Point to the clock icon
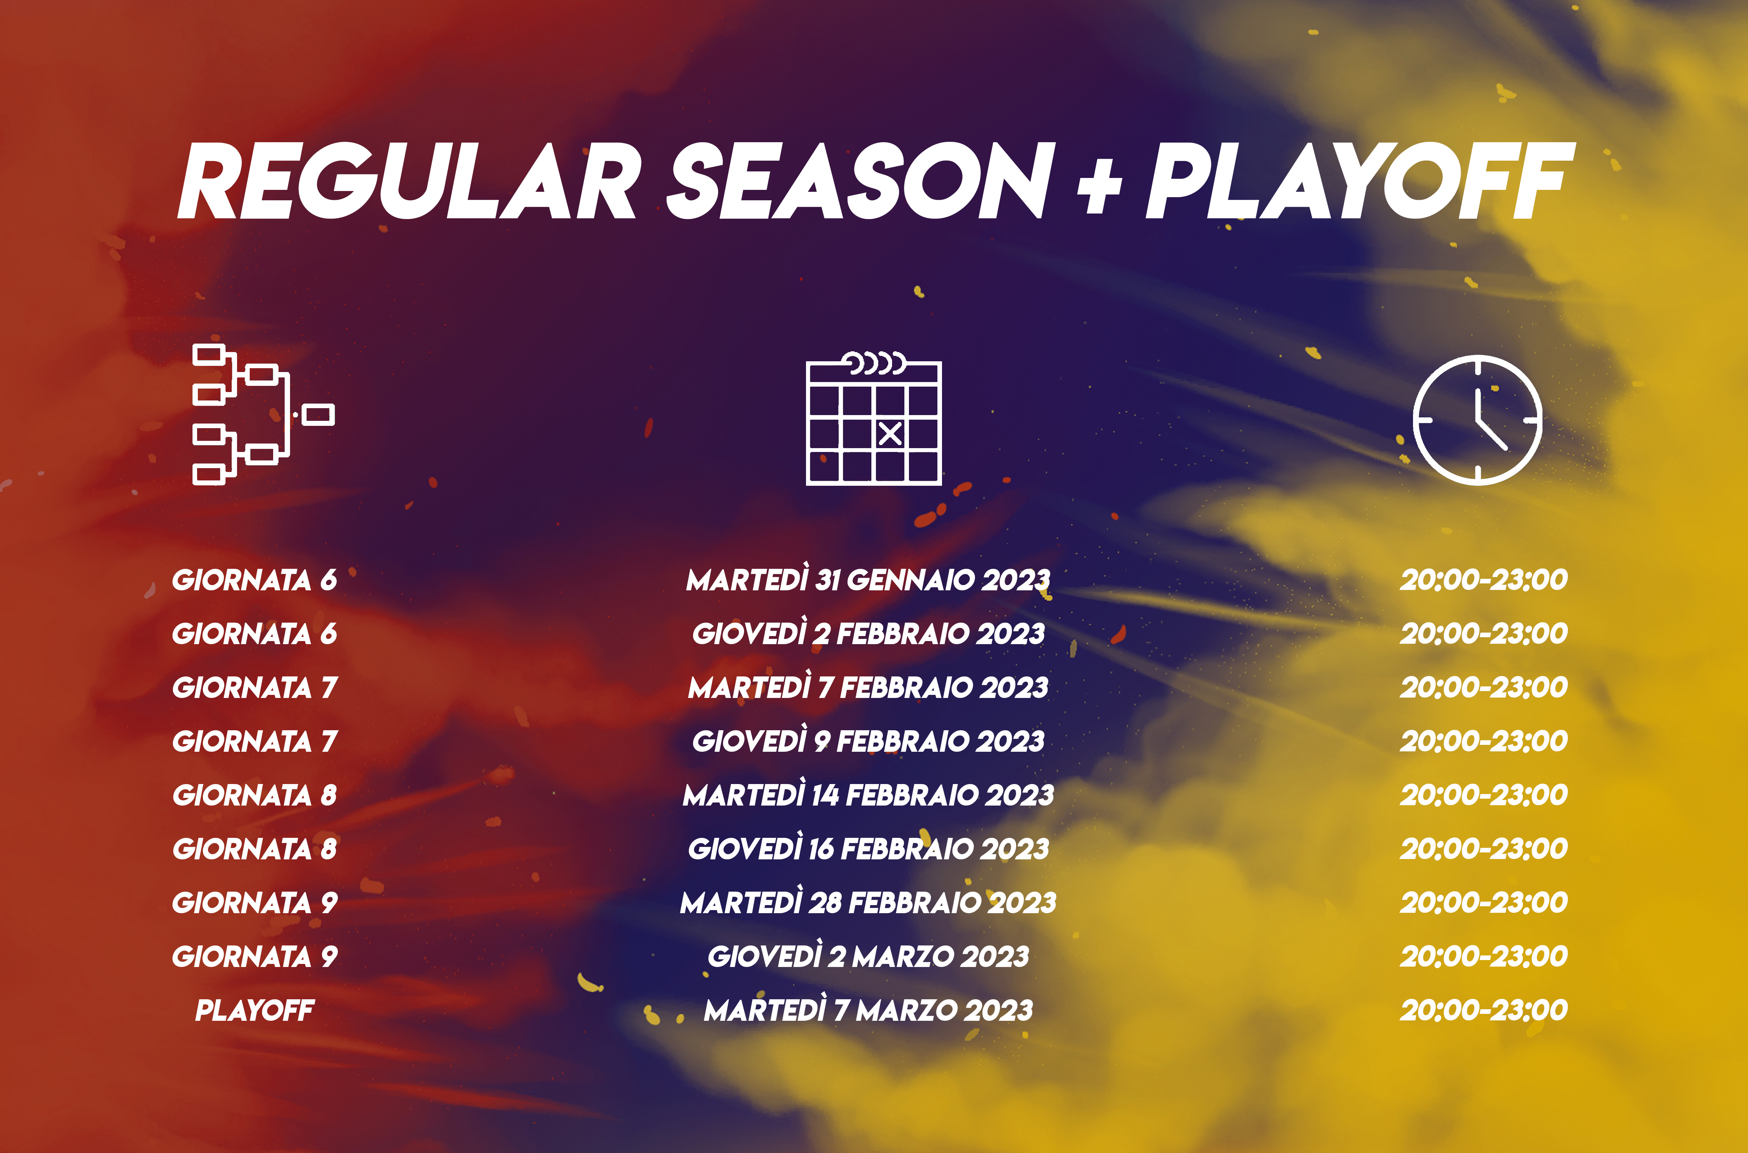pyautogui.click(x=1478, y=420)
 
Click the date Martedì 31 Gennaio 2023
pyautogui.click(x=868, y=580)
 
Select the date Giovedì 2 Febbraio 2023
pyautogui.click(x=868, y=633)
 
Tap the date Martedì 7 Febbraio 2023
pyautogui.click(x=868, y=687)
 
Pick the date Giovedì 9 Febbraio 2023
pyautogui.click(x=868, y=741)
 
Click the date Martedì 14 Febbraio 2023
pyautogui.click(x=868, y=794)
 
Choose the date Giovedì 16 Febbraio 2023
pyautogui.click(x=868, y=848)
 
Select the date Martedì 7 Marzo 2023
pyautogui.click(x=868, y=1010)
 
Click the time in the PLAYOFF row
pyautogui.click(x=1483, y=1010)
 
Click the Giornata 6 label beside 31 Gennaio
pyautogui.click(x=254, y=580)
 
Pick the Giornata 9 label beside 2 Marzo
pyautogui.click(x=254, y=956)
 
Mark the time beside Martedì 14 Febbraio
pyautogui.click(x=1483, y=794)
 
